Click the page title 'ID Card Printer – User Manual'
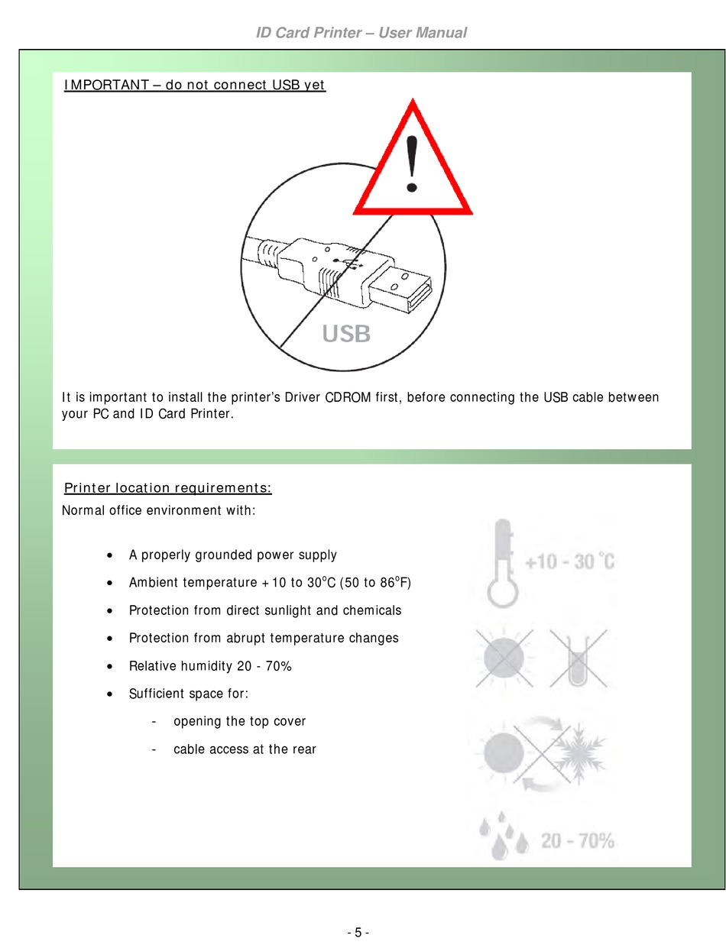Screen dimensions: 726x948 [361, 33]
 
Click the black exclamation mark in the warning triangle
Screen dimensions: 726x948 [412, 163]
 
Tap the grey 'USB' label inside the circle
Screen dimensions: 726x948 [346, 334]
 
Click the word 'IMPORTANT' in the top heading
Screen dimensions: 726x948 [106, 85]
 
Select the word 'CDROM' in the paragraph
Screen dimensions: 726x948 [348, 397]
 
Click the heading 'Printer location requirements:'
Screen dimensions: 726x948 [168, 487]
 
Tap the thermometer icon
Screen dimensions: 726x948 [502, 563]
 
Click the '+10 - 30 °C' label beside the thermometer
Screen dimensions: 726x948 [570, 561]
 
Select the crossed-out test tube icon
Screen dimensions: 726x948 [578, 658]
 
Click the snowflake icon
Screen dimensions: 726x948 [579, 754]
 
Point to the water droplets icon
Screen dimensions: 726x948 [503, 836]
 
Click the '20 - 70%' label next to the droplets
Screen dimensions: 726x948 [577, 841]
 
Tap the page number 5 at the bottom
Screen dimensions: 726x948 [358, 932]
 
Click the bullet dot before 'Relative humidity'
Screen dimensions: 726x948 [109, 667]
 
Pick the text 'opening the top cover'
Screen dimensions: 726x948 [239, 721]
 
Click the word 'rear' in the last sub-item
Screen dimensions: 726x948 [304, 749]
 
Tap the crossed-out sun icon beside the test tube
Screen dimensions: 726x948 [504, 658]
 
